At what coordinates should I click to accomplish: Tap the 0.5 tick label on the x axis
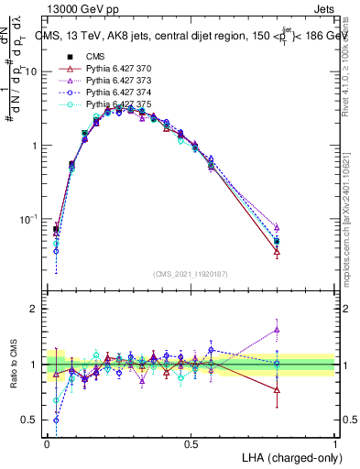pyautogui.click(x=191, y=444)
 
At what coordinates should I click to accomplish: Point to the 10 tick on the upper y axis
pyautogui.click(x=33, y=71)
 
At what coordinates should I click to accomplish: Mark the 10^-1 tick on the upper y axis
pyautogui.click(x=30, y=220)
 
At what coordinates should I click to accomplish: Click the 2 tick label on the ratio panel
pyautogui.click(x=36, y=310)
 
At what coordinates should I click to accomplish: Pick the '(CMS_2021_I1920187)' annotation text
pyautogui.click(x=189, y=274)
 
